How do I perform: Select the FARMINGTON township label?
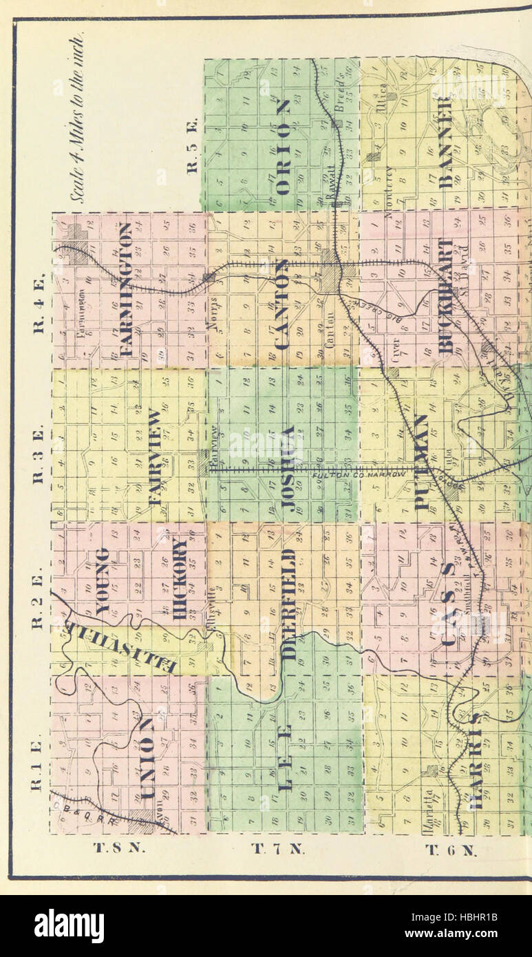pyautogui.click(x=125, y=289)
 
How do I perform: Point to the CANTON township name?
pyautogui.click(x=282, y=303)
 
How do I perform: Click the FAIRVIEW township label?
pyautogui.click(x=156, y=458)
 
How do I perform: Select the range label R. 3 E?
pyautogui.click(x=39, y=454)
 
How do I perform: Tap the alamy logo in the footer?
pyautogui.click(x=69, y=926)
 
